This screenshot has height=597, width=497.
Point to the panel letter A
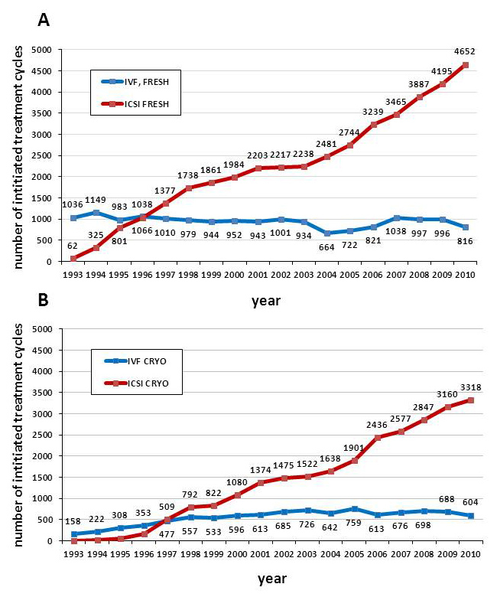click(44, 19)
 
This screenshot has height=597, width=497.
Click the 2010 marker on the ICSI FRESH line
click(465, 64)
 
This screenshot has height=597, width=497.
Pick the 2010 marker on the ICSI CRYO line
click(465, 400)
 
